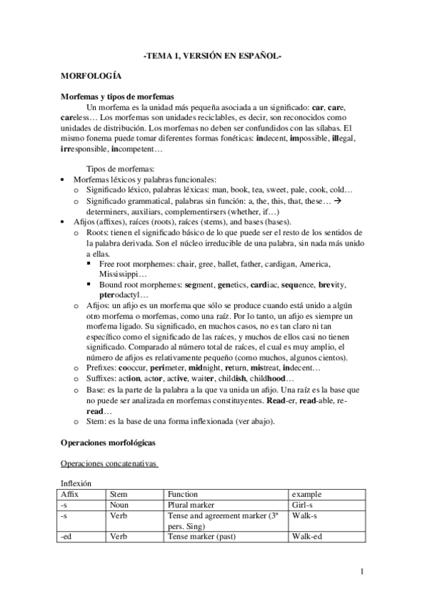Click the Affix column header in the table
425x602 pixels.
[x=70, y=493]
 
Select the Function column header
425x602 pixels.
[x=183, y=493]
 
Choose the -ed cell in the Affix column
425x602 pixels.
[x=68, y=537]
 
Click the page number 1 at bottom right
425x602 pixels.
[x=362, y=571]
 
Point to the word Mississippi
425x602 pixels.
[x=123, y=274]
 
